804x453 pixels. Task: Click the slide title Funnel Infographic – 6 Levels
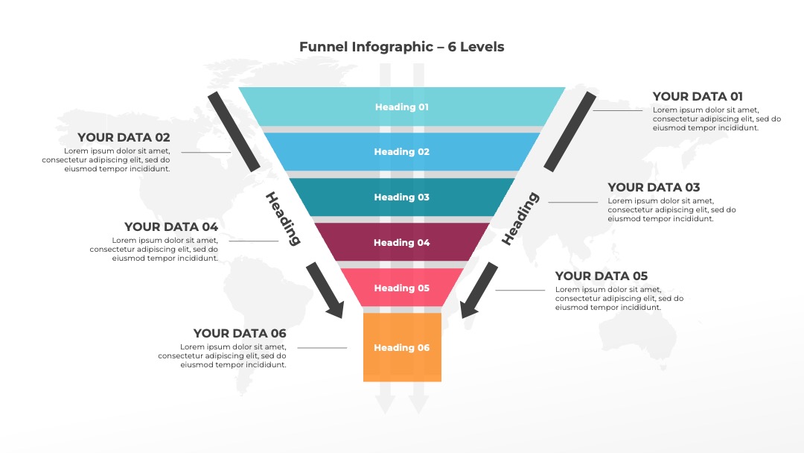[401, 47]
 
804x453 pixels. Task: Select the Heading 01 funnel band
[401, 107]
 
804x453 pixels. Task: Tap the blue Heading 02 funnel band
[401, 152]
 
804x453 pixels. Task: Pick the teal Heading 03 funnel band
[401, 197]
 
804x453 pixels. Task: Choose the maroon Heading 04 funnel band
[401, 242]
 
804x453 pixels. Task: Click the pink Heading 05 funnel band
[401, 288]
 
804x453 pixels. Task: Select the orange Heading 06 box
[402, 347]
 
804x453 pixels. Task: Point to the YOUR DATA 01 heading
[698, 96]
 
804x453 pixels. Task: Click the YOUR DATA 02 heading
[124, 138]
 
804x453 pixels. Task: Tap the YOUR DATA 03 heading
[654, 187]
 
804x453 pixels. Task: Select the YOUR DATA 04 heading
[171, 226]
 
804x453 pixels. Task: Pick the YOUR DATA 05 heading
[602, 276]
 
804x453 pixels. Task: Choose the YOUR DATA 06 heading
[240, 334]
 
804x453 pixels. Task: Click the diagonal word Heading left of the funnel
[283, 218]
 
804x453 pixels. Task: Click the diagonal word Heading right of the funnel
[520, 218]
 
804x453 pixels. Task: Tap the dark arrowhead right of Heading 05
[469, 308]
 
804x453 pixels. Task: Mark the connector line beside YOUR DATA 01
[618, 110]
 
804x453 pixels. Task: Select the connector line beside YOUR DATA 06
[322, 348]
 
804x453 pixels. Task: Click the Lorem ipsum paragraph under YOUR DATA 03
[671, 210]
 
